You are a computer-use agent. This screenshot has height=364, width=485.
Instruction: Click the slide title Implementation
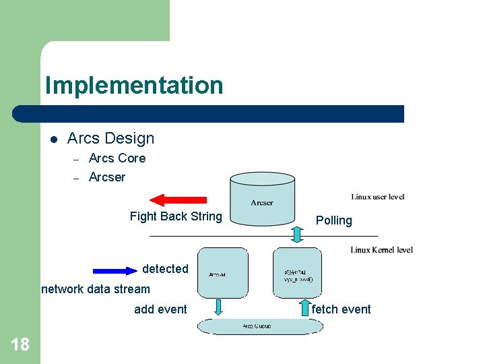click(x=133, y=86)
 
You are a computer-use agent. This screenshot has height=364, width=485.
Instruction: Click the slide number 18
click(x=20, y=345)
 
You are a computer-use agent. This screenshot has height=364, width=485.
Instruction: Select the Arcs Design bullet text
click(x=110, y=138)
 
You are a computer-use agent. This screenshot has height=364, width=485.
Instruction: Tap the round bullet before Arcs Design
click(x=54, y=139)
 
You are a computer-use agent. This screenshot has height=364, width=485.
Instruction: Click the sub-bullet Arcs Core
click(x=117, y=158)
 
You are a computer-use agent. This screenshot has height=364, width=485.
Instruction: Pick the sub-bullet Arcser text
click(x=106, y=177)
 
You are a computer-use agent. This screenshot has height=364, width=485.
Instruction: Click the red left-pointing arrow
click(x=178, y=200)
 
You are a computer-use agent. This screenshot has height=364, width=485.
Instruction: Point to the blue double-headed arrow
click(x=115, y=270)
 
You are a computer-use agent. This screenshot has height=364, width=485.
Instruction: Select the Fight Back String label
click(x=175, y=216)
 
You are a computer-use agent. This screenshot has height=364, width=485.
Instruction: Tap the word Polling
click(x=333, y=220)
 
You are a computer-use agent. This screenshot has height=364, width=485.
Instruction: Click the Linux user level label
click(x=377, y=197)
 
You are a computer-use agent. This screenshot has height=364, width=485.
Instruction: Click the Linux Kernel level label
click(x=381, y=250)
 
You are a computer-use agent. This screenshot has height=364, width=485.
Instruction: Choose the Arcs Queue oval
click(x=260, y=326)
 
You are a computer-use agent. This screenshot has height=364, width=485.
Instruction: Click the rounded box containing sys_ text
click(x=297, y=273)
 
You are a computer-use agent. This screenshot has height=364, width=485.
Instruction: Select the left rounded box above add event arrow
click(x=222, y=273)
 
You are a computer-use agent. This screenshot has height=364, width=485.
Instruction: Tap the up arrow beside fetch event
click(x=297, y=307)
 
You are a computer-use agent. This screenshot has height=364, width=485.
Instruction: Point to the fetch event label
click(x=341, y=309)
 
